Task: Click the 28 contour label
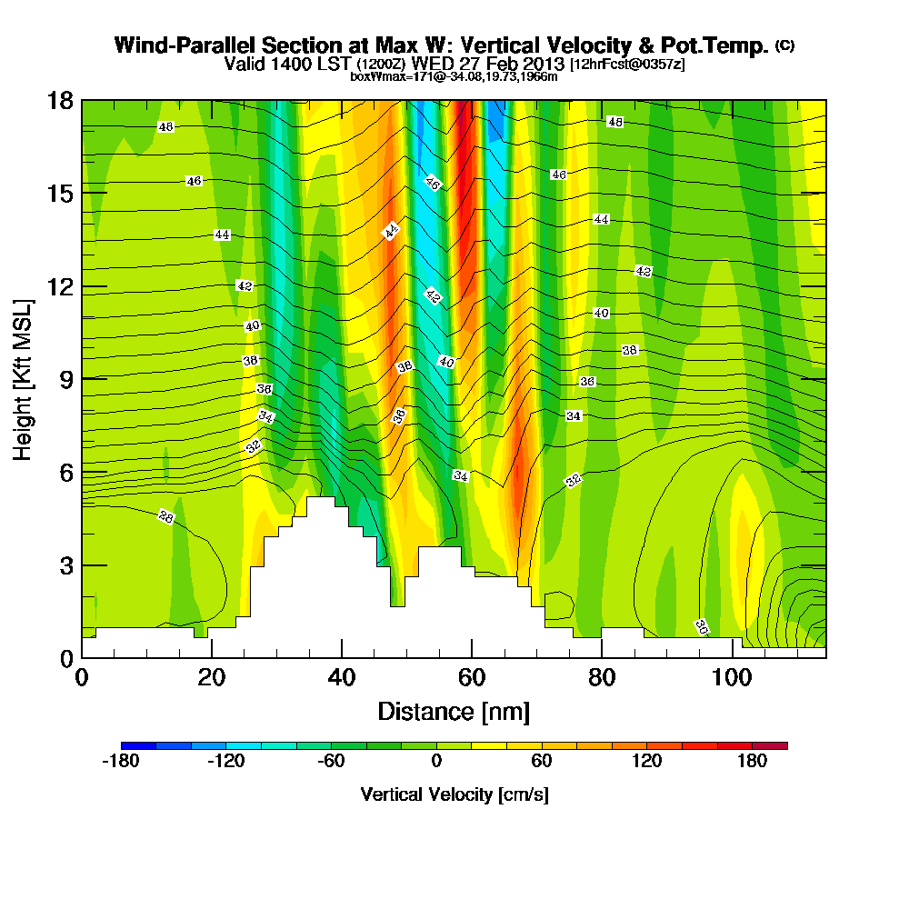165,517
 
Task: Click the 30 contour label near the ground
702,626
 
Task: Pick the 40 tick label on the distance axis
341,679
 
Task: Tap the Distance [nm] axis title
454,711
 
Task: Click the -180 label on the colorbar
120,762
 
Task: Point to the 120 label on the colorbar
647,762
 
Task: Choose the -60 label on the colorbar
331,762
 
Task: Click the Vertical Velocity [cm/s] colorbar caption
454,794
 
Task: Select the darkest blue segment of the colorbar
138,745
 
